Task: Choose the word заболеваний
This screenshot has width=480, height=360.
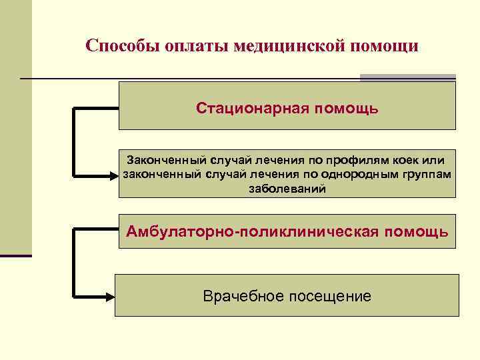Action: click(x=287, y=189)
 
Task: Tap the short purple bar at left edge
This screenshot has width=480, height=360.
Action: click(x=15, y=255)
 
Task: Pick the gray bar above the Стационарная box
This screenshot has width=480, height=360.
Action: click(x=407, y=78)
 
